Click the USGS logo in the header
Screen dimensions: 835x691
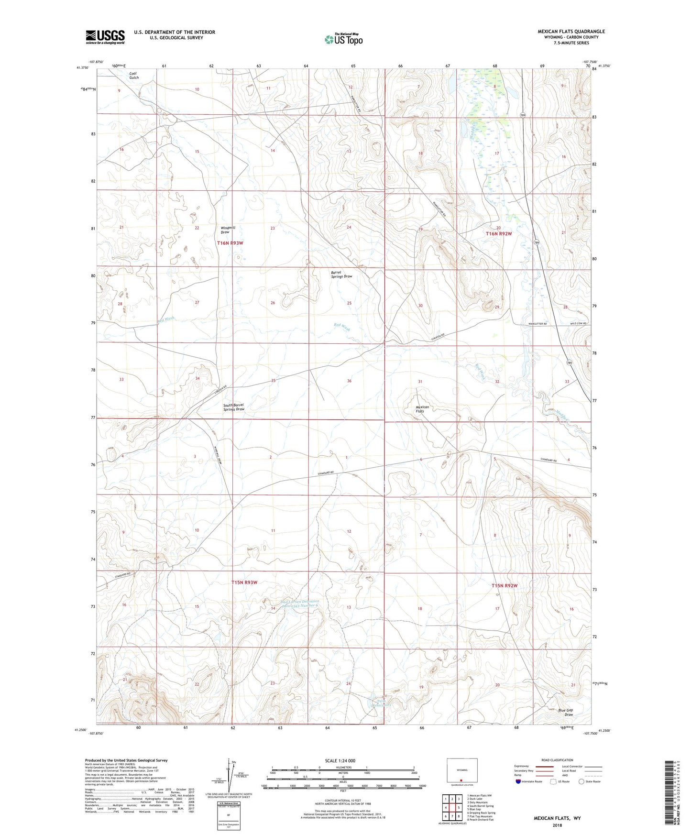(105, 36)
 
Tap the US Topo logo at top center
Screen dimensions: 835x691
(343, 39)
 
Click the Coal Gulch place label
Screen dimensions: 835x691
(134, 76)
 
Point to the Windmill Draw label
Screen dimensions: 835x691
(228, 230)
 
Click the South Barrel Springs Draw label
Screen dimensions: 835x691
(234, 407)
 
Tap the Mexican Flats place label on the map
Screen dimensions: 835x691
(422, 409)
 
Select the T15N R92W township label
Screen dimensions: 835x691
(505, 586)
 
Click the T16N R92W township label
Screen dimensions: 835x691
(499, 234)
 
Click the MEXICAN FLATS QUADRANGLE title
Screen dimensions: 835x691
(571, 32)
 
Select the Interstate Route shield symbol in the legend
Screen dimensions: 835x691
(519, 781)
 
